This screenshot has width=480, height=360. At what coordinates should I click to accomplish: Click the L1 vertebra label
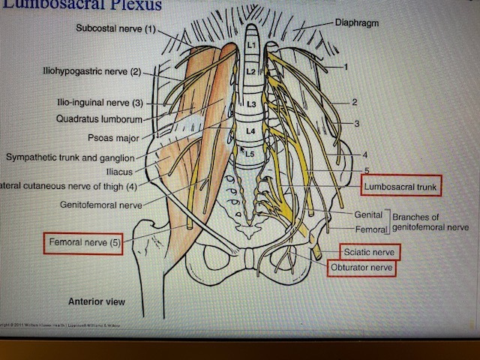pyautogui.click(x=252, y=46)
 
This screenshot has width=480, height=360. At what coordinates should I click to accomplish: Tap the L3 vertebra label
pyautogui.click(x=251, y=103)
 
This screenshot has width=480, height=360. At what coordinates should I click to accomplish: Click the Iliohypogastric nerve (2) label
pyautogui.click(x=91, y=72)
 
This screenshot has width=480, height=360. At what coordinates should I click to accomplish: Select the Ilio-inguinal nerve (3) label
pyautogui.click(x=103, y=103)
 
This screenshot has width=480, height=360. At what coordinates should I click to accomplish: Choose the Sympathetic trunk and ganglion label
pyautogui.click(x=70, y=157)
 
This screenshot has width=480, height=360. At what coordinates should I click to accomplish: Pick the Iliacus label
pyautogui.click(x=123, y=171)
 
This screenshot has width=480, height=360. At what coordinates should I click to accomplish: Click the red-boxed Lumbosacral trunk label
pyautogui.click(x=400, y=184)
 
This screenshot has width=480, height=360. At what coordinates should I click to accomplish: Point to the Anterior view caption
pyautogui.click(x=97, y=302)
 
